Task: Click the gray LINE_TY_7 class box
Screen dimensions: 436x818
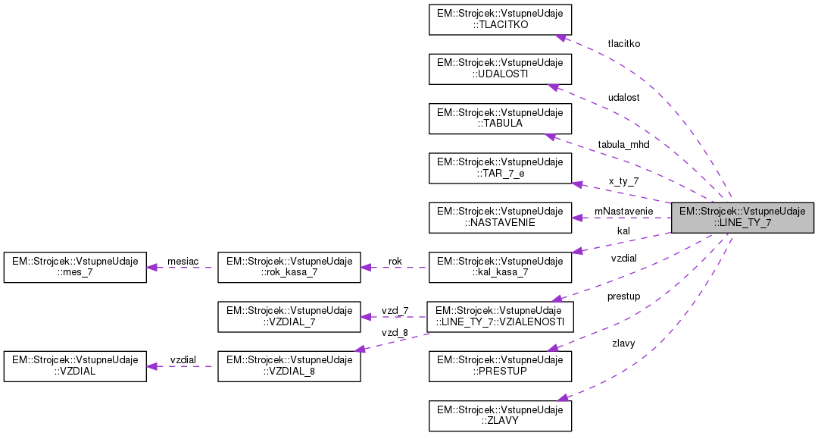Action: [x=742, y=217]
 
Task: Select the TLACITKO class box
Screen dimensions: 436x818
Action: [x=500, y=19]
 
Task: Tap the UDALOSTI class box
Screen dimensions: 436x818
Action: [x=500, y=68]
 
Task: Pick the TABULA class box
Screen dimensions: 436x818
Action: [x=500, y=118]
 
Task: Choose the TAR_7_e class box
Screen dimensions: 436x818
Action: [x=500, y=168]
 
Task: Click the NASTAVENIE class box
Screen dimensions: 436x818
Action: [x=500, y=217]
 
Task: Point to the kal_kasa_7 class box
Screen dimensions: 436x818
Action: [x=500, y=267]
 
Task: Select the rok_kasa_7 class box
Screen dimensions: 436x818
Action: [x=288, y=267]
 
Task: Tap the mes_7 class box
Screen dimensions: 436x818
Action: [x=74, y=267]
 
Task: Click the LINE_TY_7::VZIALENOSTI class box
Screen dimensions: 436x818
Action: [x=500, y=316]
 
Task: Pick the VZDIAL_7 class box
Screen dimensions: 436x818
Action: [x=288, y=316]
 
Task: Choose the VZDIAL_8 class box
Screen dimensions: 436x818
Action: [x=288, y=365]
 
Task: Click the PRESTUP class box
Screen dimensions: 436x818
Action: [x=500, y=365]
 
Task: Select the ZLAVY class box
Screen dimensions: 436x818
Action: [x=500, y=415]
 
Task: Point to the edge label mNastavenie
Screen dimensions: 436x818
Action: [x=623, y=211]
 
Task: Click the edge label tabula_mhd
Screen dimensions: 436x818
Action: [x=623, y=144]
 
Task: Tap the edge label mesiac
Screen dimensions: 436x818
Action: [x=183, y=261]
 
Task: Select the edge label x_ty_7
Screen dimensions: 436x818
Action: [x=623, y=181]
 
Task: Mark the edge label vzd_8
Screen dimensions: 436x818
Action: [x=395, y=332]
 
